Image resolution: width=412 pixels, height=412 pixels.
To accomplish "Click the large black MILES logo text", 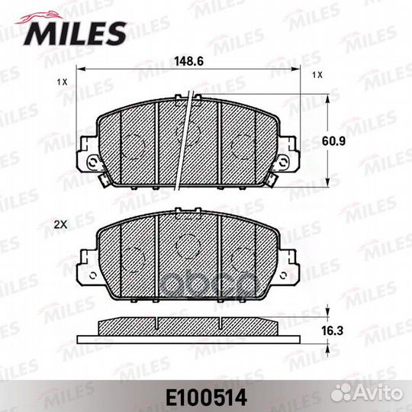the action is (x=75, y=34).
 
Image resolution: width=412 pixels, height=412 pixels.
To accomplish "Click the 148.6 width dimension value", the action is (x=189, y=62).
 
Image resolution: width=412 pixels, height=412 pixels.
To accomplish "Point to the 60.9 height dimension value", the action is (x=333, y=141).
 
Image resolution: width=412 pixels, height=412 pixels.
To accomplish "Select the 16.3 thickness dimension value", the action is (x=333, y=331).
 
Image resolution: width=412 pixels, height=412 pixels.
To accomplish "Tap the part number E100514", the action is (x=206, y=398).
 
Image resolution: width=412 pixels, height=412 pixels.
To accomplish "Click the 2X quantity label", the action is (x=60, y=224).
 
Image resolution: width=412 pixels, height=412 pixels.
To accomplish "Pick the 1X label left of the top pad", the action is (x=63, y=82).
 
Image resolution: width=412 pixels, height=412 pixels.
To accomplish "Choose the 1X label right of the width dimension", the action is (x=317, y=75).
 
